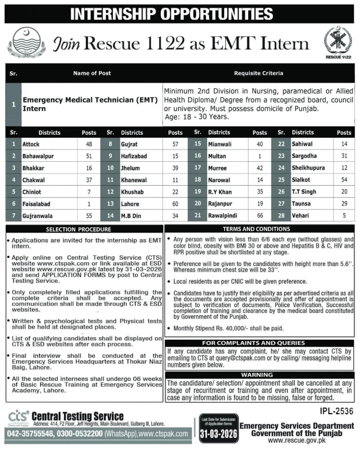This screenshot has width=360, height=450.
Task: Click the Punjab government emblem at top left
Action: [24, 42]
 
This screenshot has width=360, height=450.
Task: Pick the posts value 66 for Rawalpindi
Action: [260, 215]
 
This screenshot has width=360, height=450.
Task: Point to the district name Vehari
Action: [300, 215]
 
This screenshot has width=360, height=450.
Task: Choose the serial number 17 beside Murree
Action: [197, 167]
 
